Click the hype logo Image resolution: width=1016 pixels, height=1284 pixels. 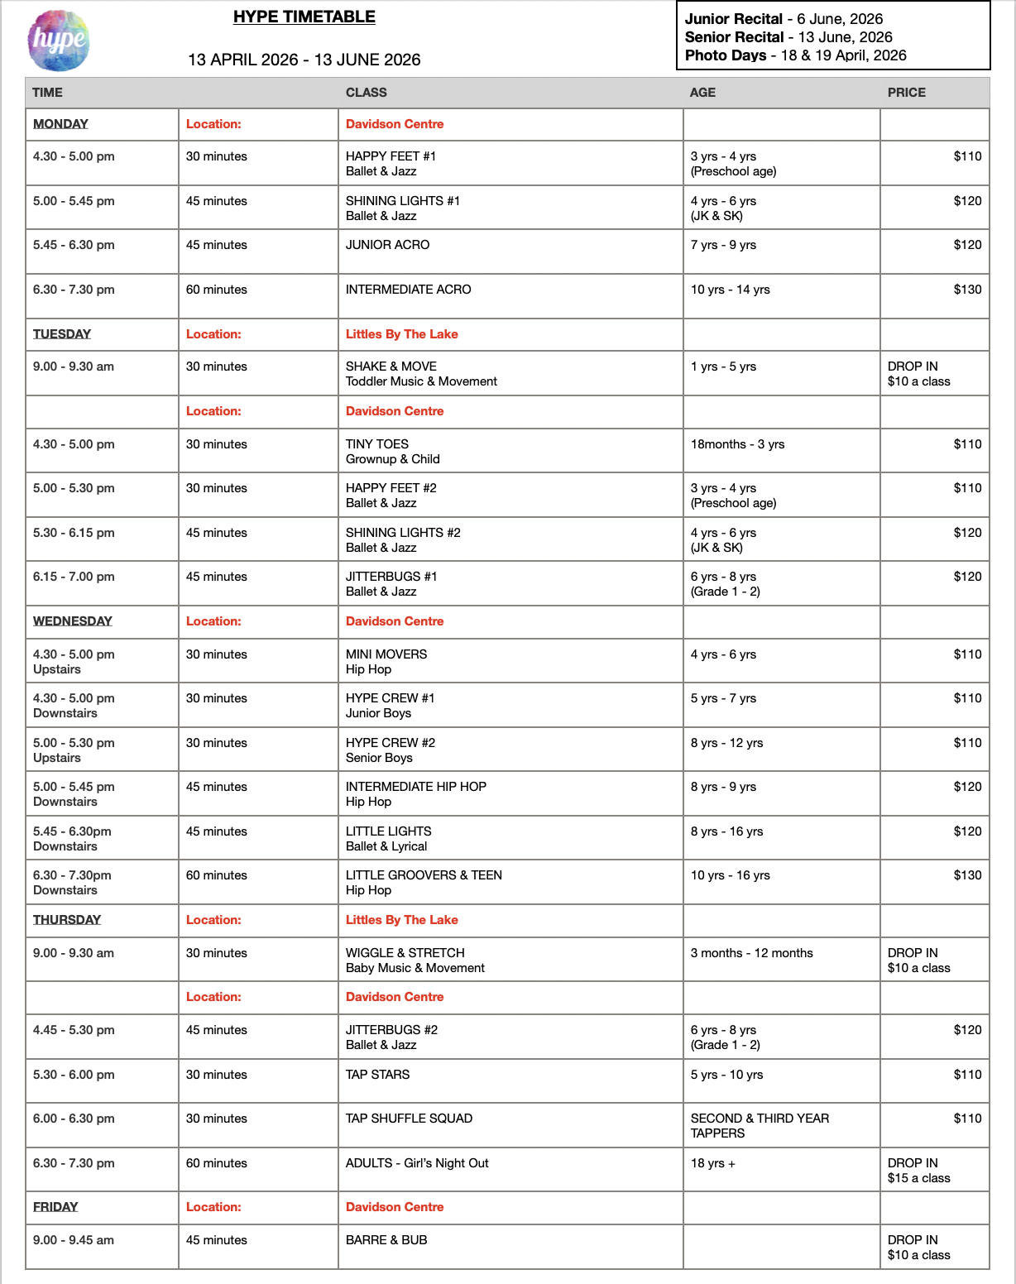tap(58, 41)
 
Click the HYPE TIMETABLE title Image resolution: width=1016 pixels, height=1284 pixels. tap(304, 17)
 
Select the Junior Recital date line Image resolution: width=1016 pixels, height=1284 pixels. tap(784, 19)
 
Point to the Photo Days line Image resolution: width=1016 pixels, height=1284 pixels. tap(795, 55)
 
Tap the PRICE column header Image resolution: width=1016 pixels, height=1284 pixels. tap(906, 93)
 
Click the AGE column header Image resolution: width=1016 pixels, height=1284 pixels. tap(702, 93)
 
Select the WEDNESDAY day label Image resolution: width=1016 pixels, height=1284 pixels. tap(73, 621)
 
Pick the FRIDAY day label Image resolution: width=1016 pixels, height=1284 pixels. tap(55, 1207)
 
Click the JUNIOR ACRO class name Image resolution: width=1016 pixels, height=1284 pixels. tap(387, 245)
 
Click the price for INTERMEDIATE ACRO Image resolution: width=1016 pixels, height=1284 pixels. tap(967, 290)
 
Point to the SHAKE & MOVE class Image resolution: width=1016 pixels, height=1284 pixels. tap(421, 374)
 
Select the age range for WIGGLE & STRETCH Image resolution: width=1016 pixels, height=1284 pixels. tap(751, 953)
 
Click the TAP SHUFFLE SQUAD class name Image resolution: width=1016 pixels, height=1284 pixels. tap(409, 1119)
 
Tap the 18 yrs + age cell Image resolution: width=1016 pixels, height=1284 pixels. tap(712, 1163)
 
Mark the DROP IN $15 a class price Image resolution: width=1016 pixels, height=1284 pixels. tap(918, 1171)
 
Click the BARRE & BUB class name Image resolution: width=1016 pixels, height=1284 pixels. tap(386, 1240)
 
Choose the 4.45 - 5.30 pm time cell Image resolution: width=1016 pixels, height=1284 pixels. tap(74, 1030)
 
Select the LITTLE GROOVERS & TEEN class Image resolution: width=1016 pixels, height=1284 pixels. tap(424, 883)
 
